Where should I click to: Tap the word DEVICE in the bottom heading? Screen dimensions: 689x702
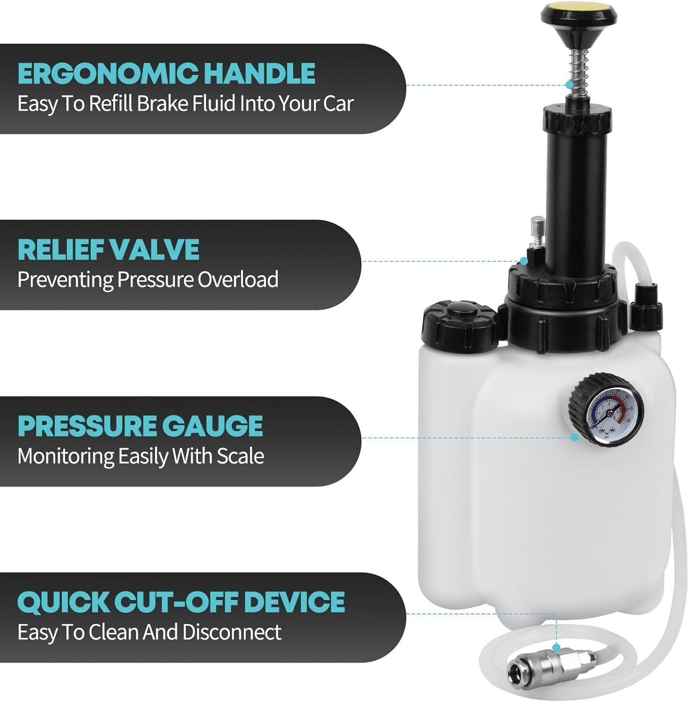pyautogui.click(x=294, y=602)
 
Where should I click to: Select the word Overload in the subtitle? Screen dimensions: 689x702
pyautogui.click(x=238, y=279)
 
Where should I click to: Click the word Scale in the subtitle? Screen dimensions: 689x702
pyautogui.click(x=240, y=455)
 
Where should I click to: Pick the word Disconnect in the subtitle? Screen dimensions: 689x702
pyautogui.click(x=232, y=632)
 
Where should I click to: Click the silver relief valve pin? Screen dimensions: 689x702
pyautogui.click(x=537, y=232)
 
